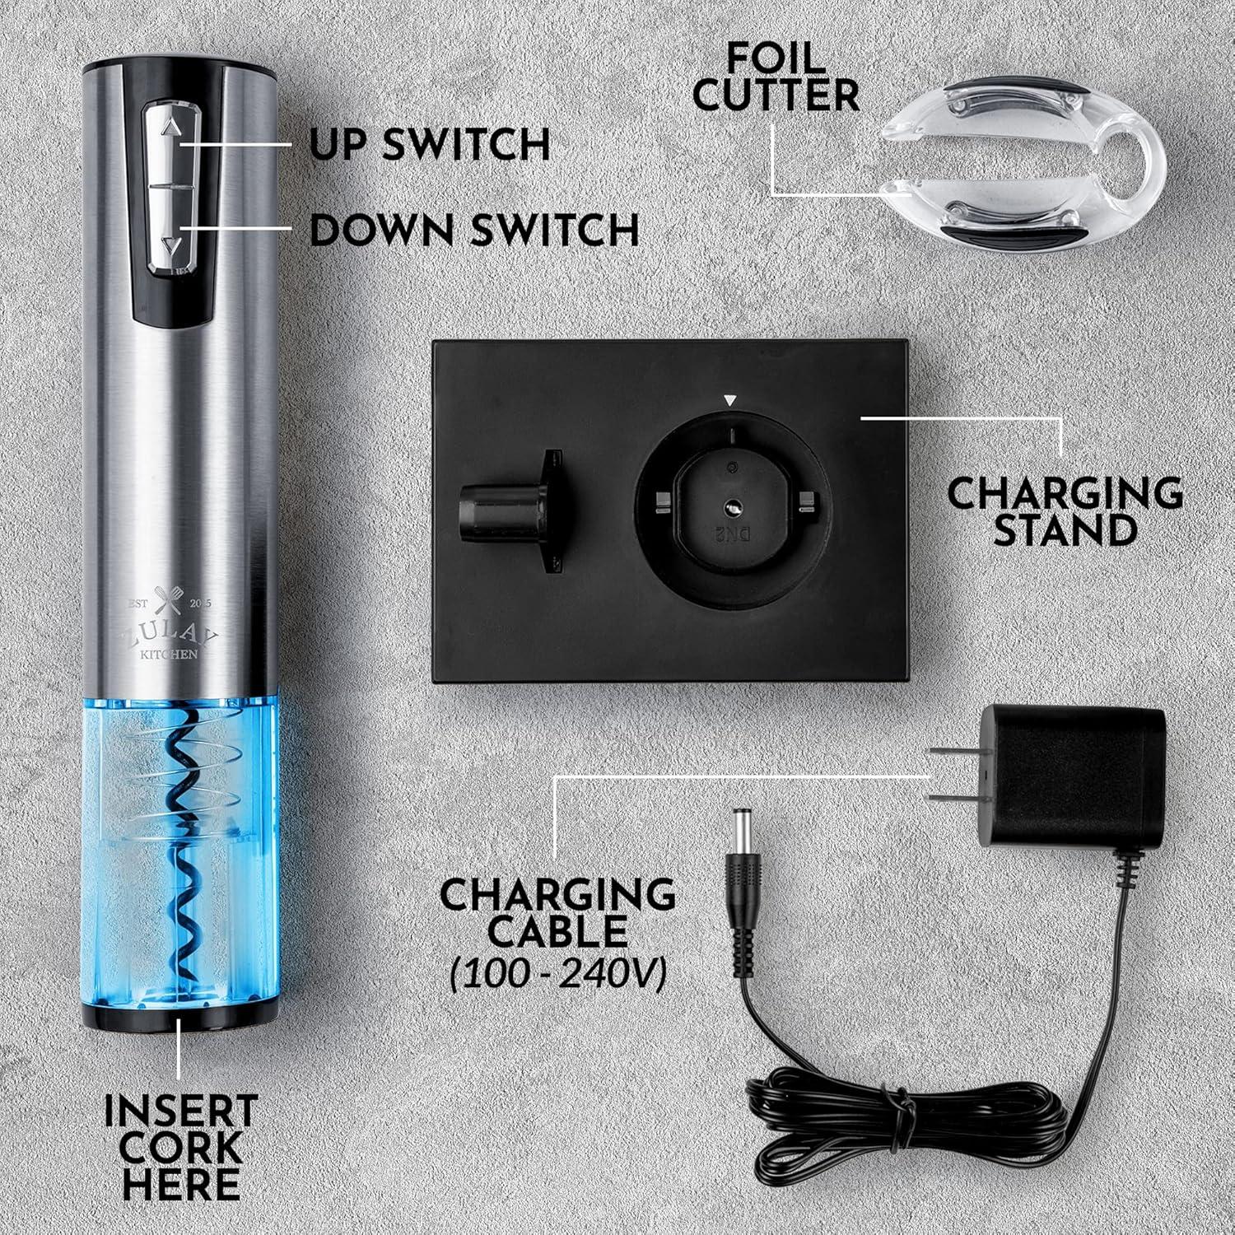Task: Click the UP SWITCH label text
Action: (x=430, y=144)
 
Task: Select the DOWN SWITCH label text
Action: (x=474, y=229)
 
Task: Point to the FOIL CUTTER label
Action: (x=775, y=78)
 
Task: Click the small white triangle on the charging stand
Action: (x=729, y=401)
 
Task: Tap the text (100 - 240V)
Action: (x=558, y=973)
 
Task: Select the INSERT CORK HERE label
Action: (x=180, y=1147)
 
